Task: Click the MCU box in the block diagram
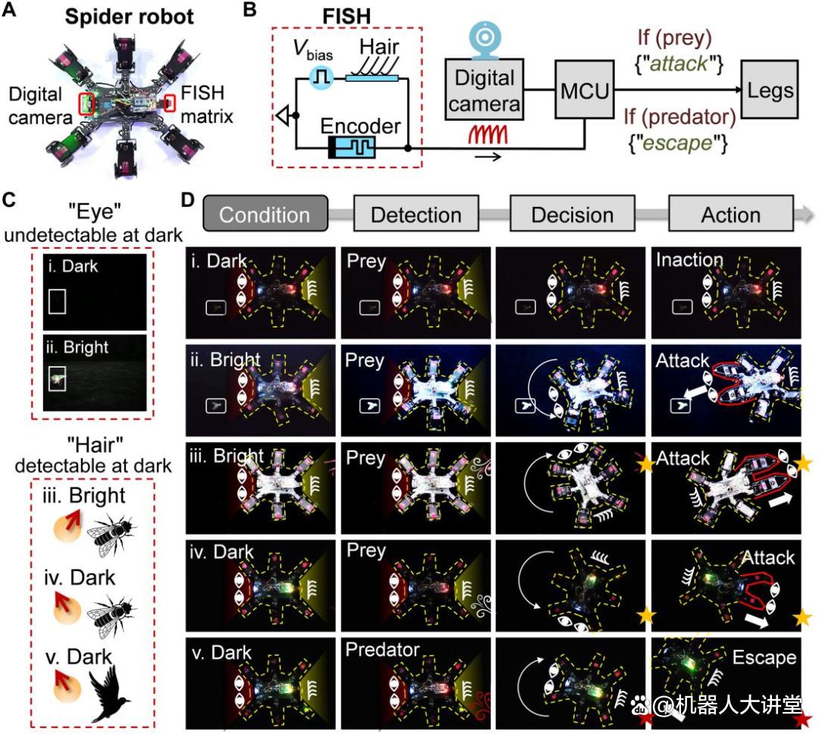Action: pyautogui.click(x=585, y=89)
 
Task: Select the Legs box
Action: pyautogui.click(x=770, y=89)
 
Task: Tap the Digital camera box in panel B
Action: pyautogui.click(x=484, y=90)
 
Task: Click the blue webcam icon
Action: pyautogui.click(x=485, y=39)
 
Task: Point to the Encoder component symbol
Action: pyautogui.click(x=352, y=148)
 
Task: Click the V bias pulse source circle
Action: pyautogui.click(x=321, y=78)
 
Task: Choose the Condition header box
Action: pyautogui.click(x=265, y=213)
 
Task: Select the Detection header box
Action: pyautogui.click(x=416, y=213)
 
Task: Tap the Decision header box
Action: pyautogui.click(x=573, y=213)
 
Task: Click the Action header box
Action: pyautogui.click(x=731, y=213)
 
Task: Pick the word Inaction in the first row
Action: pyautogui.click(x=689, y=259)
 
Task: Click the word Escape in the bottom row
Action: pyautogui.click(x=764, y=657)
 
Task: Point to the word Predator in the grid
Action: pyautogui.click(x=382, y=649)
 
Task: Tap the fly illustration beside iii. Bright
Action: pyautogui.click(x=111, y=535)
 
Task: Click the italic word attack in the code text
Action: pyautogui.click(x=679, y=64)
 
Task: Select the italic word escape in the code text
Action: pyautogui.click(x=677, y=143)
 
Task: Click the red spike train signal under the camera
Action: pyautogui.click(x=488, y=135)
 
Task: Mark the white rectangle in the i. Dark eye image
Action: pyautogui.click(x=57, y=302)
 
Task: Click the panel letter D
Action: pyautogui.click(x=187, y=199)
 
